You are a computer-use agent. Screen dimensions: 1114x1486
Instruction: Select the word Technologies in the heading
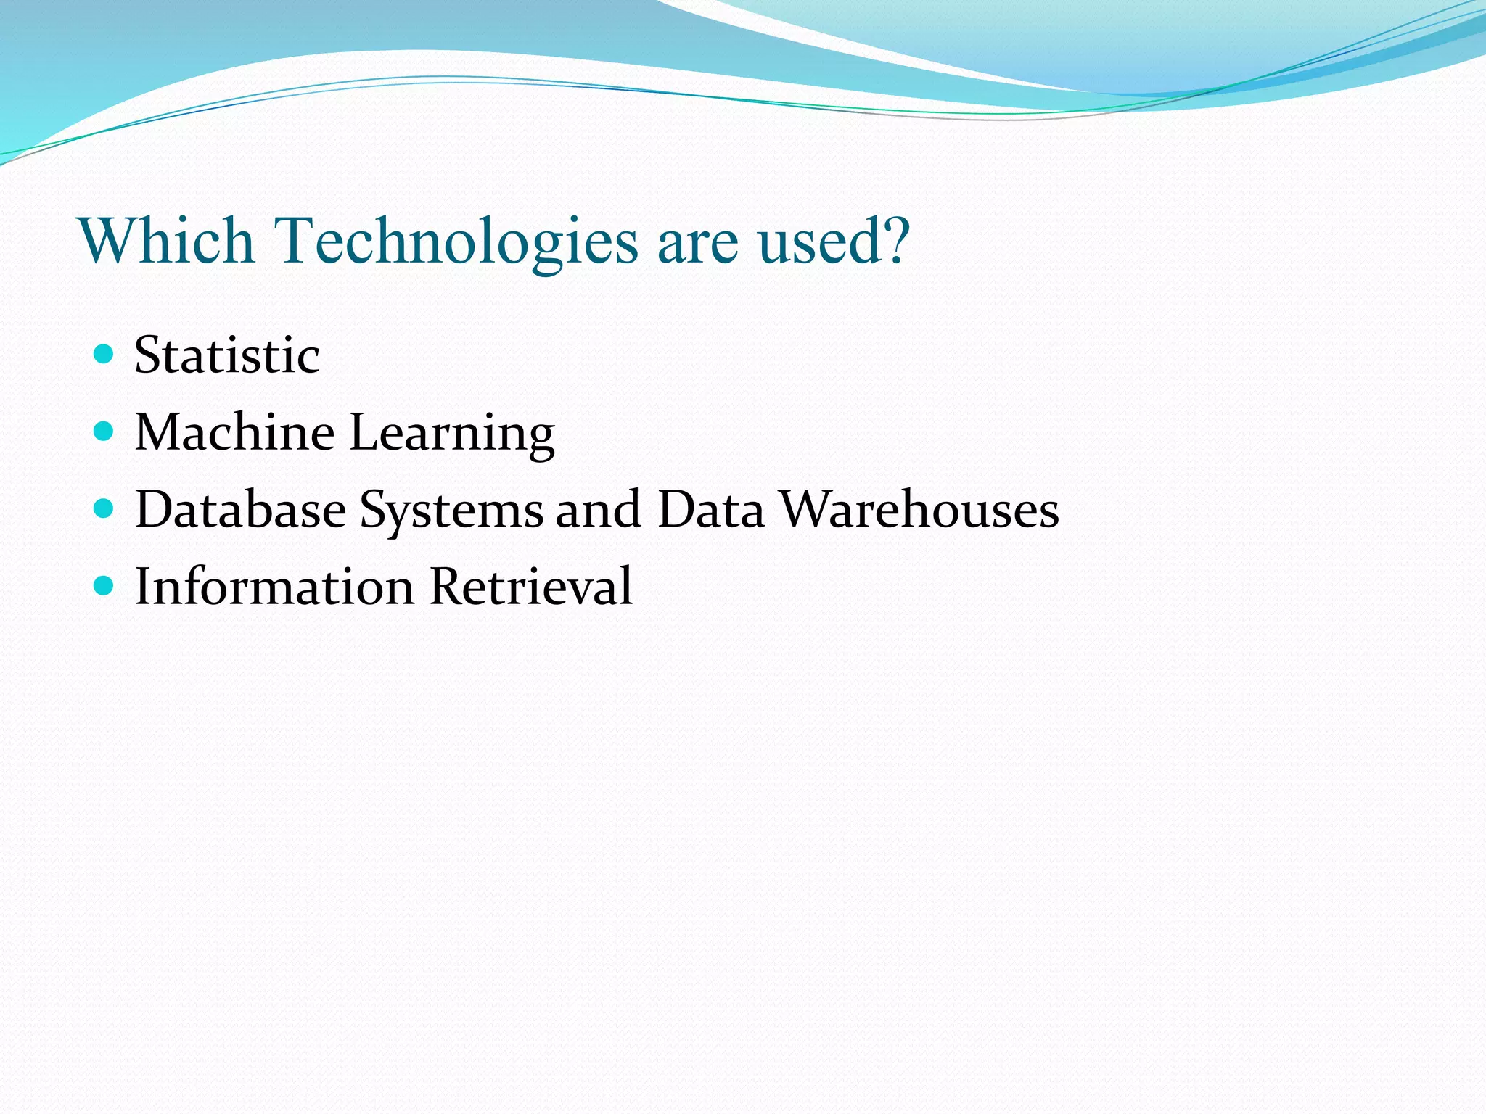(x=456, y=242)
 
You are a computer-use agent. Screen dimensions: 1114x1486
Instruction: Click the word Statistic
(x=227, y=355)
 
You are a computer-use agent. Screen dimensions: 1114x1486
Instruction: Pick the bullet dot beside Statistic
(x=104, y=354)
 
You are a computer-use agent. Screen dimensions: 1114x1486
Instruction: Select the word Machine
(x=235, y=432)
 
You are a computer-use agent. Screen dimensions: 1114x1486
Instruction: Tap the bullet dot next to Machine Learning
(x=104, y=432)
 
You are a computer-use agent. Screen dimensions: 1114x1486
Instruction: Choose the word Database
(x=241, y=509)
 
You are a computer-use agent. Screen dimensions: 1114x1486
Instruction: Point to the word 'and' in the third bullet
(x=599, y=509)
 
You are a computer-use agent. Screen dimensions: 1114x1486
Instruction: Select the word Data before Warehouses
(x=711, y=509)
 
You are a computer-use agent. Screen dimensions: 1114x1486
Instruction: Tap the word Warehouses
(x=919, y=509)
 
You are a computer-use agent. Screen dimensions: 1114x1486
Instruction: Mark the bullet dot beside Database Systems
(x=104, y=508)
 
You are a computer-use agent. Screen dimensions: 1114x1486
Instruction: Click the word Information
(x=274, y=586)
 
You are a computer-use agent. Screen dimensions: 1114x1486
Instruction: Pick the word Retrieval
(x=530, y=586)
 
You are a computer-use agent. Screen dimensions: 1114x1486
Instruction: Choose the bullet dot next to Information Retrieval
(x=104, y=585)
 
